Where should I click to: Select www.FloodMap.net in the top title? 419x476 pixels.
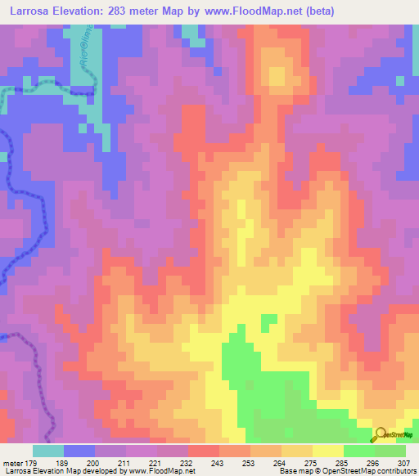pos(257,11)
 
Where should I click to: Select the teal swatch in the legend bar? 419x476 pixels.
pos(48,451)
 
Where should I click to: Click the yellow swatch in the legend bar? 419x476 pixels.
pos(327,451)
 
